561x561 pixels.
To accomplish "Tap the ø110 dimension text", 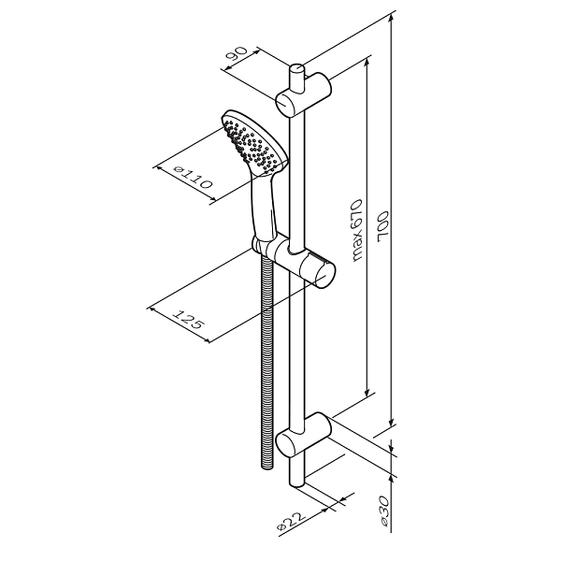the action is tap(192, 178).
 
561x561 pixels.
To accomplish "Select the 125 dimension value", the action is tap(189, 319).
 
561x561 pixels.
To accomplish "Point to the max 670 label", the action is tap(357, 230).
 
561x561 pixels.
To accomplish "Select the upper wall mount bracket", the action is tap(303, 94).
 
